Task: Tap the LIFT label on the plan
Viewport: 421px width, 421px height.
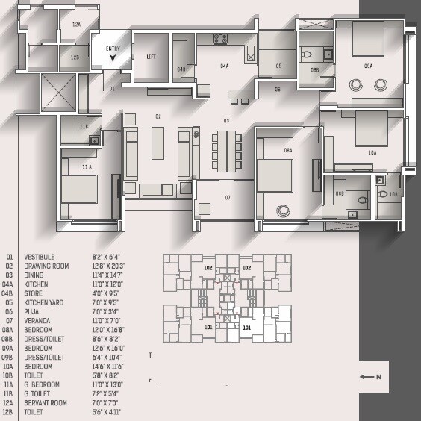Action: tap(151, 57)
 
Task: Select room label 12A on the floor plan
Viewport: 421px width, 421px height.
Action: tap(75, 25)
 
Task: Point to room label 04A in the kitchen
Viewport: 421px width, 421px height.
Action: tap(224, 66)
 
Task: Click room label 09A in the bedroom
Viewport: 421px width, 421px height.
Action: tap(368, 66)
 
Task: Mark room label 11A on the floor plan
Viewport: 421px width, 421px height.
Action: tap(87, 167)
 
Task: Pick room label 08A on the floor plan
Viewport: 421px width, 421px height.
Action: tap(287, 150)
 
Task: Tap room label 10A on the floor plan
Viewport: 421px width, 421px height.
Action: tap(372, 152)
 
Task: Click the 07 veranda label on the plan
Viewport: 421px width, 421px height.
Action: tap(228, 198)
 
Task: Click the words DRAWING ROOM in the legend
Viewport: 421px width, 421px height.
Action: tap(46, 266)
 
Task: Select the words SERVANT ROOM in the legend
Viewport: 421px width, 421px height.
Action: tap(46, 403)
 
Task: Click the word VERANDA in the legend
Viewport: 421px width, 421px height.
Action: tap(37, 320)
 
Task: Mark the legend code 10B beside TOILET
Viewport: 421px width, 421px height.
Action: tap(9, 375)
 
